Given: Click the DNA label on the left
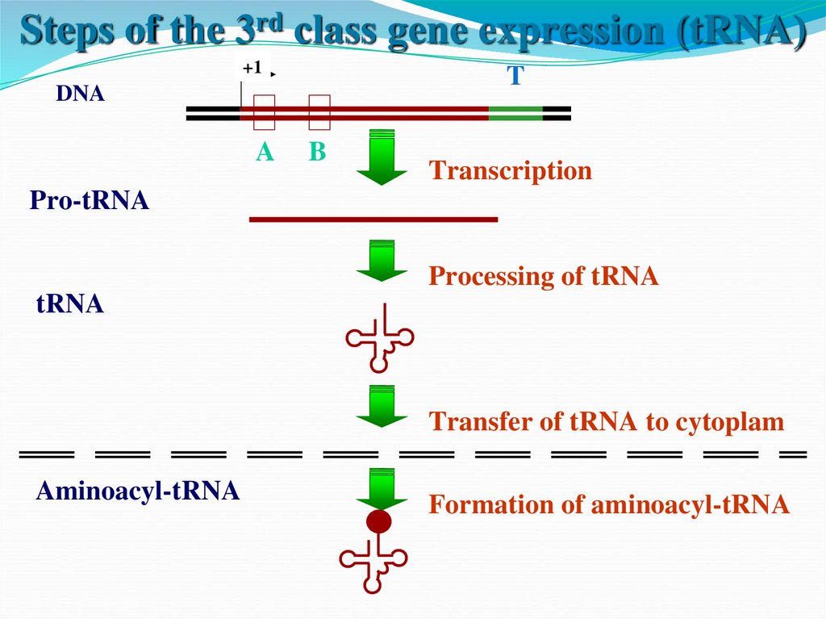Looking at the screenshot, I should coord(80,94).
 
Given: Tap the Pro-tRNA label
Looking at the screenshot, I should coord(89,200).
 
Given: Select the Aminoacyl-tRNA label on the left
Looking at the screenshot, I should coord(137,491).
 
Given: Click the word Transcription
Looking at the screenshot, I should coord(510,170).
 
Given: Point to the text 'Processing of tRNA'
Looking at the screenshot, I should coord(543,276).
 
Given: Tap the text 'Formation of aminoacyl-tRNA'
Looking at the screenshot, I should coord(608,504).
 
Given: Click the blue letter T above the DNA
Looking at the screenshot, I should coord(515,77).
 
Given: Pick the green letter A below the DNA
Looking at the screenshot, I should coord(265,152).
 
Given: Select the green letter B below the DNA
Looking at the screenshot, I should coord(318,152).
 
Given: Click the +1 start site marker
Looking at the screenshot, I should coord(252,68).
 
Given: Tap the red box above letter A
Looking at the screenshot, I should coord(265,112).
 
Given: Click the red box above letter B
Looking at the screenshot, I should coord(319,112).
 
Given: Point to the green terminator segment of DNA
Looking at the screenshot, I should coord(515,113).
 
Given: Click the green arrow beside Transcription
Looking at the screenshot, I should coord(382,157).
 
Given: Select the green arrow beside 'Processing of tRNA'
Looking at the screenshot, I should coord(382,260).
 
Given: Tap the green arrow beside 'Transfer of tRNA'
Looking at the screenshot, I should coord(382,406).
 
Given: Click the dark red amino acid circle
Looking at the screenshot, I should coord(378,521).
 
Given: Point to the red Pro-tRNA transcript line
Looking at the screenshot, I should coord(373,219).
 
